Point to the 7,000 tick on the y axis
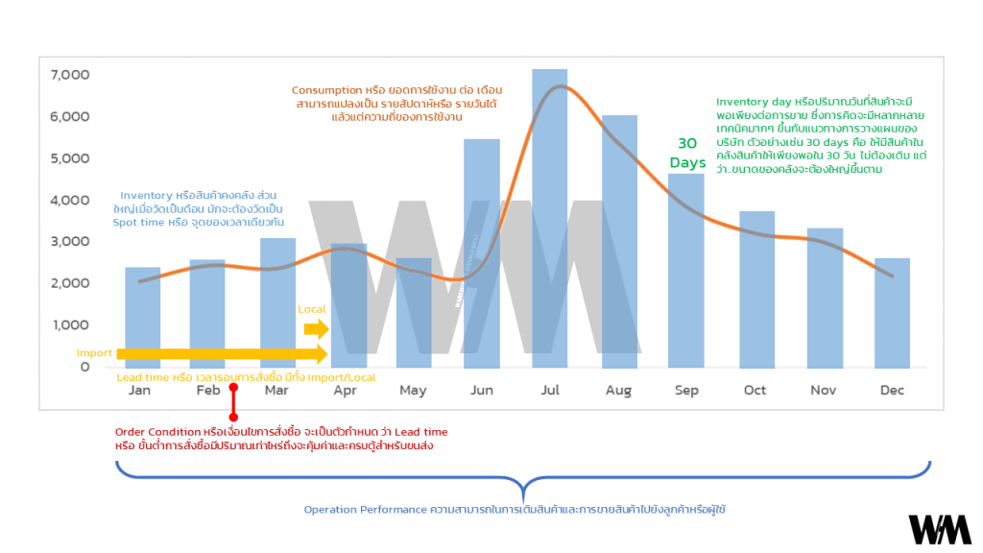[x=70, y=75]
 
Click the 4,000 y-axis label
[x=70, y=200]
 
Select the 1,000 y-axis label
[x=70, y=325]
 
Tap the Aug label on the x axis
[x=618, y=391]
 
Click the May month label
[x=413, y=391]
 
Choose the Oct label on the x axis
[x=755, y=391]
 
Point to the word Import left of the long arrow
[x=94, y=353]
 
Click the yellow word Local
[x=312, y=309]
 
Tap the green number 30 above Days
[x=687, y=143]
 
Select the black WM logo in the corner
[x=940, y=529]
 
